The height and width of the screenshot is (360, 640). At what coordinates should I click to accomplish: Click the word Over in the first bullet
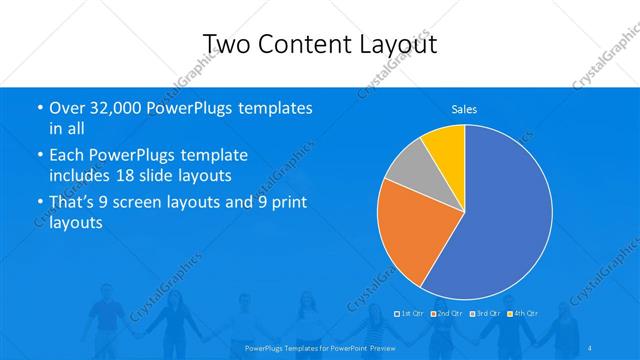[69, 108]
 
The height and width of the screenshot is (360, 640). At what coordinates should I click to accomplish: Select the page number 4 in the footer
[589, 347]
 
